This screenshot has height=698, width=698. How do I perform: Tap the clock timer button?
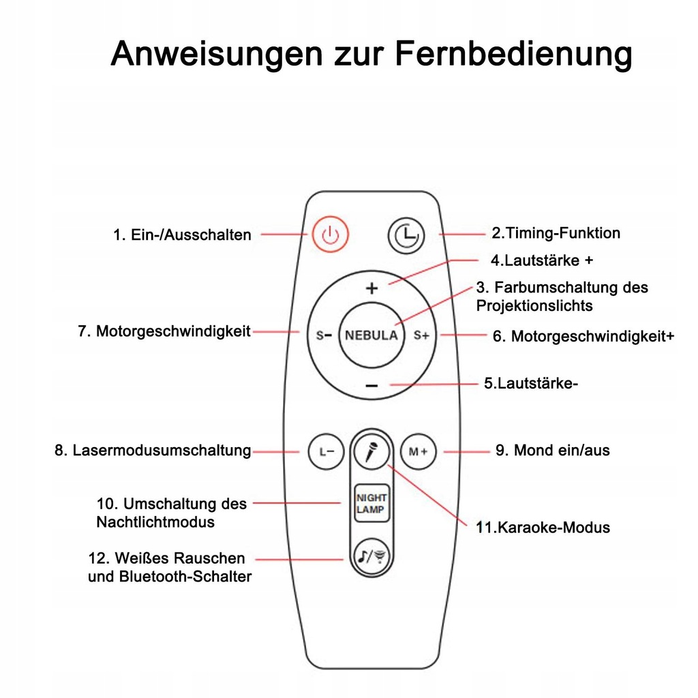point(406,236)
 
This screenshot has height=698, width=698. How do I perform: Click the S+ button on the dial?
point(421,335)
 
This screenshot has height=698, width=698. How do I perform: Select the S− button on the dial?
point(324,335)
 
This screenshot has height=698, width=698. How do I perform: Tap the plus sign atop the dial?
point(371,288)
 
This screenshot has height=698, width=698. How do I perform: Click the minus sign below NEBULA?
point(371,386)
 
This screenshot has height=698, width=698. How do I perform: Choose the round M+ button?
point(418,451)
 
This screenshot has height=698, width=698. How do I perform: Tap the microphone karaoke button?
point(371,451)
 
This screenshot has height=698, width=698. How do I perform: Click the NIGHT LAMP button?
point(371,503)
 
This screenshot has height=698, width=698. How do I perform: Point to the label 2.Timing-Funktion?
point(556,233)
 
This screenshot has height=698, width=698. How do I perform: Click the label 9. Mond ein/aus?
point(552,451)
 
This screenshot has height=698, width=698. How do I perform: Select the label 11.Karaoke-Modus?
point(543,527)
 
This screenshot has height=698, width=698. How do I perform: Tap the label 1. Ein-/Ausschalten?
point(182,235)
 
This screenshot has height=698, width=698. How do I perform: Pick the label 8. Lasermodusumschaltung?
point(153,451)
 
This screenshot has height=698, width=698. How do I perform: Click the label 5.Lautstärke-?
point(531,383)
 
